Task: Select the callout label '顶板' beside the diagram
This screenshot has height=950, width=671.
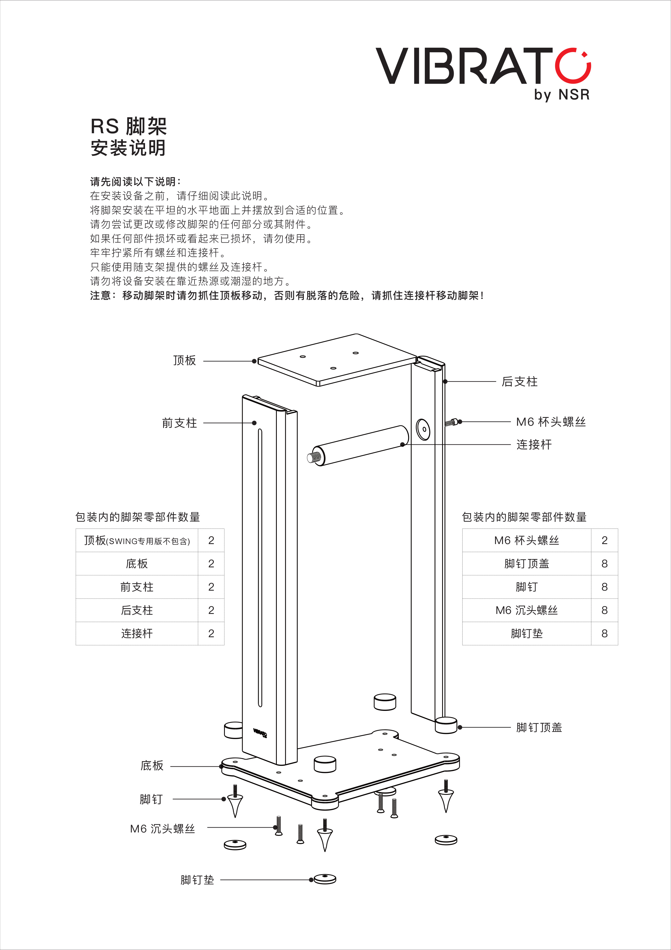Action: click(x=185, y=360)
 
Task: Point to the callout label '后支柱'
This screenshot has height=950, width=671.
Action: click(x=520, y=382)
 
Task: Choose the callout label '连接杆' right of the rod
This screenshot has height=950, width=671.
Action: click(x=534, y=444)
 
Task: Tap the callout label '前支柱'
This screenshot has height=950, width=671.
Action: click(x=179, y=423)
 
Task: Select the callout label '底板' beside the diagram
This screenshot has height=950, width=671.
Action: click(x=152, y=766)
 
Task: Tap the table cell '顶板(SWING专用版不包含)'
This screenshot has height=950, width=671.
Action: click(x=137, y=540)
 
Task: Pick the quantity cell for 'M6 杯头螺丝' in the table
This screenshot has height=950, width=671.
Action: click(x=604, y=540)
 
